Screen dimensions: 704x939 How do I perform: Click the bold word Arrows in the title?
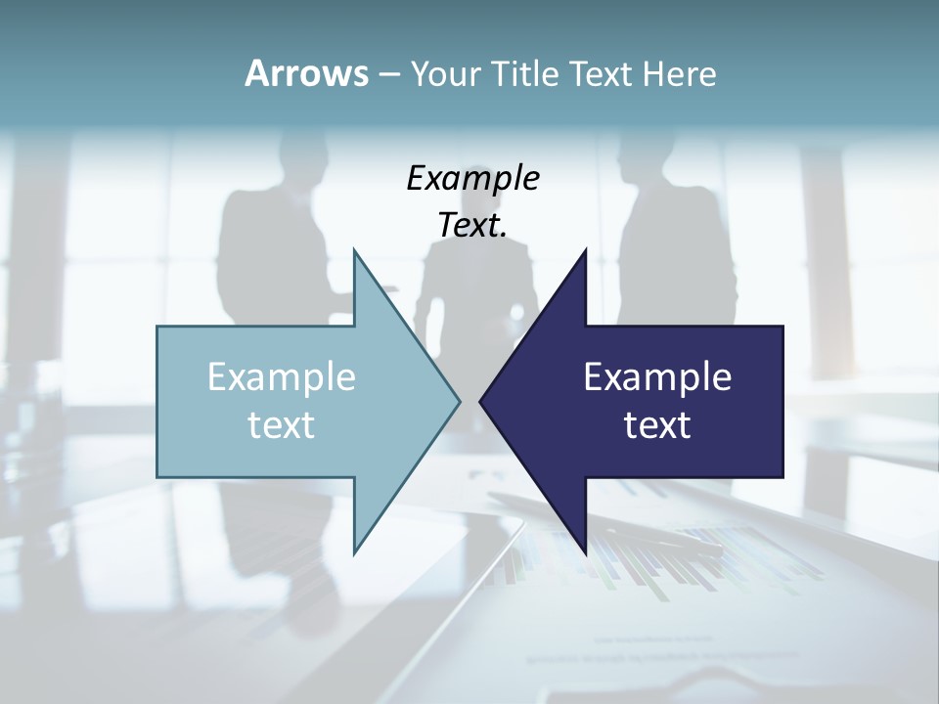tap(306, 73)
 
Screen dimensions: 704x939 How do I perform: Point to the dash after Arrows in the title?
tap(387, 74)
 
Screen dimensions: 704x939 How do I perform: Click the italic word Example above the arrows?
tap(472, 179)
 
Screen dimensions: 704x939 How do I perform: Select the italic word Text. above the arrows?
tap(472, 225)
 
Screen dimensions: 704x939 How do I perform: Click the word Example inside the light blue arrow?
tap(282, 377)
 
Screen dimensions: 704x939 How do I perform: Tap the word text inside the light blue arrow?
tap(282, 425)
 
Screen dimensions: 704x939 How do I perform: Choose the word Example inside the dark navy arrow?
tap(657, 377)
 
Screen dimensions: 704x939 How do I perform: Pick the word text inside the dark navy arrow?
tap(657, 425)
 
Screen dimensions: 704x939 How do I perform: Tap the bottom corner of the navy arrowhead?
tap(585, 551)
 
